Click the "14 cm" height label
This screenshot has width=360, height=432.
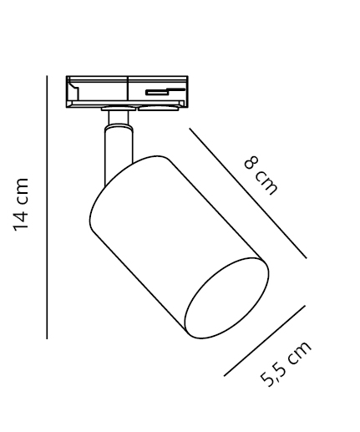click(x=21, y=205)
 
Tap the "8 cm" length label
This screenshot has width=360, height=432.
click(x=261, y=175)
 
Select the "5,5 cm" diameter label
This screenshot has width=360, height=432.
click(x=286, y=363)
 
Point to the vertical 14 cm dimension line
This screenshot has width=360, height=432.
click(x=47, y=207)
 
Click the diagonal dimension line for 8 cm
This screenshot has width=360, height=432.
click(x=248, y=193)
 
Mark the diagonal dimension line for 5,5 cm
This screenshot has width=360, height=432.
click(x=265, y=341)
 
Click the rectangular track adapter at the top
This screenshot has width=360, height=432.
click(x=127, y=92)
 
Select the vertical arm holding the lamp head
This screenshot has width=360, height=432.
click(x=119, y=156)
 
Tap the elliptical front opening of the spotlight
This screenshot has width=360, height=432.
click(x=227, y=298)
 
